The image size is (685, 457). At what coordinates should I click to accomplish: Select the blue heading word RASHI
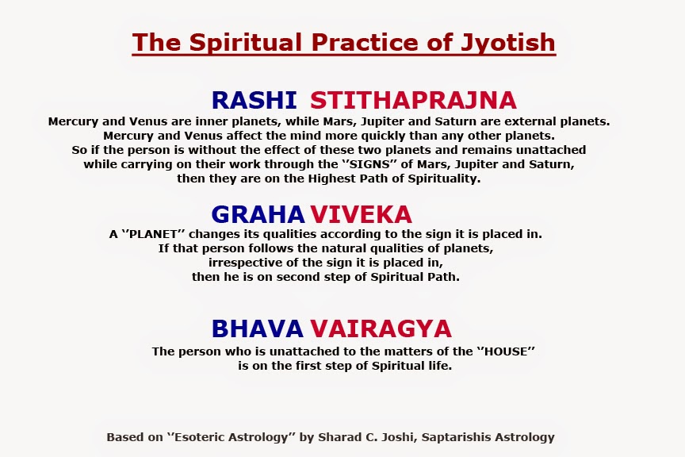coord(254,100)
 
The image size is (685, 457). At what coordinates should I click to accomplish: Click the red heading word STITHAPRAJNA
coord(413,100)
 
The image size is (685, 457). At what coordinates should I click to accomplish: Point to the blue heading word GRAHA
coord(258,214)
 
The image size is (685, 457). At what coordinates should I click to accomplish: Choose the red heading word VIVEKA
coord(361,214)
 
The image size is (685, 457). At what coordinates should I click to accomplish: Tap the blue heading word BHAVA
coord(257,328)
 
